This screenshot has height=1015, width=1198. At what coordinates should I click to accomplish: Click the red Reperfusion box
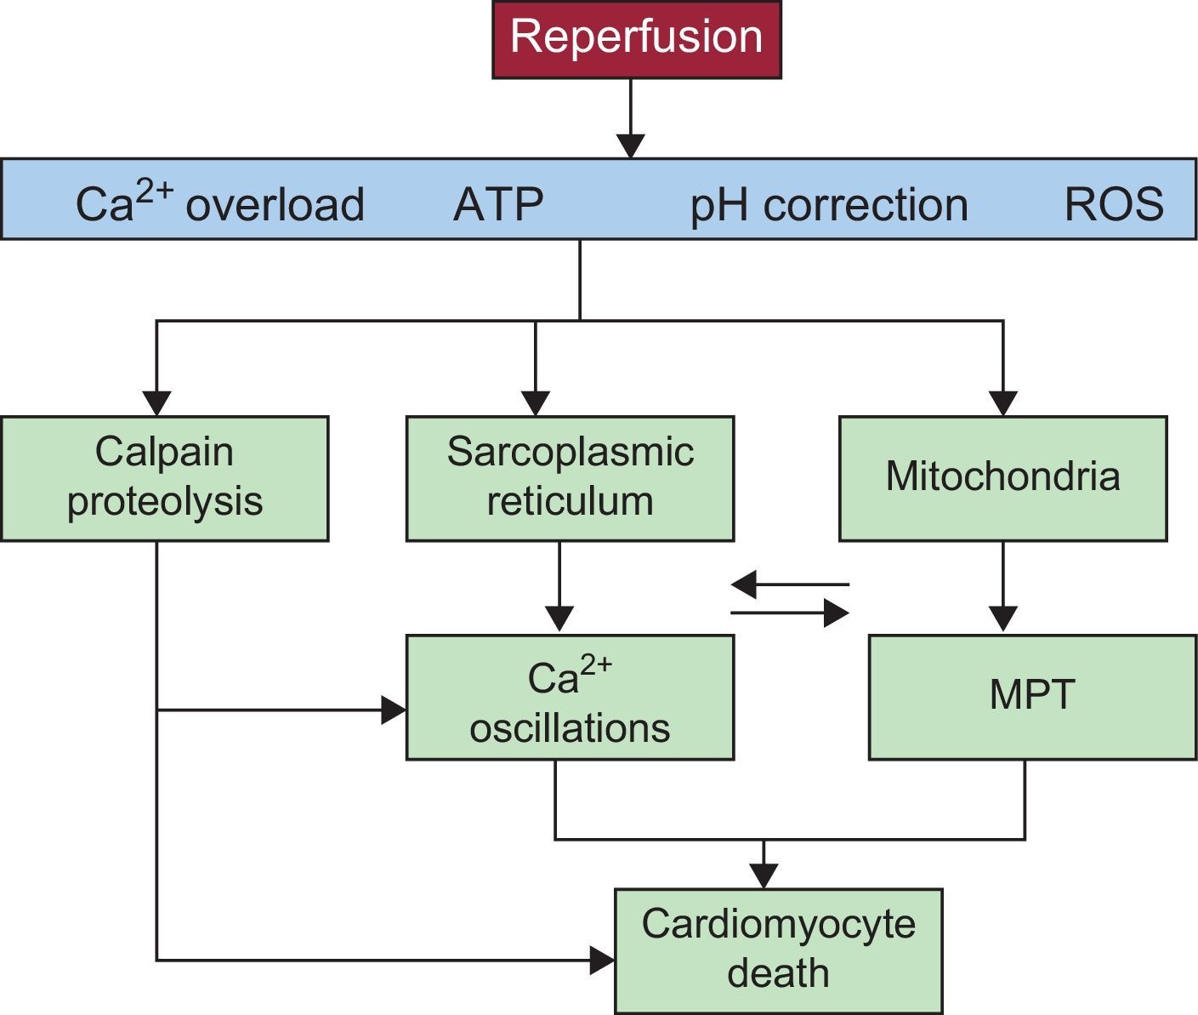636,39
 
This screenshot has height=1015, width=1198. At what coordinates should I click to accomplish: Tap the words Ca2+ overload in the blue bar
219,204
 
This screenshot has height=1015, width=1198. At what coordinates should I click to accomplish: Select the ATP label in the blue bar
498,204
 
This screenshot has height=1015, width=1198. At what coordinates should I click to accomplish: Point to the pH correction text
828,205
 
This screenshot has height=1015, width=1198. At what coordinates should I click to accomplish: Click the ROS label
1113,204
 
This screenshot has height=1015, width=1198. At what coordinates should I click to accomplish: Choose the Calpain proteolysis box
164,478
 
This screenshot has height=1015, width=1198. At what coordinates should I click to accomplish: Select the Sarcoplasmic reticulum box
570,478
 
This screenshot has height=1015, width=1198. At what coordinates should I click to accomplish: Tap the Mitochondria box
1002,478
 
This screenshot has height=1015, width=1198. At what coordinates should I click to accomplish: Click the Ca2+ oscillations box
570,698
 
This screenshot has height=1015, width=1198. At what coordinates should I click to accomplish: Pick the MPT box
1031,697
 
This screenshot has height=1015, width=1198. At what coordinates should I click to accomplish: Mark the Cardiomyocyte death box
778,950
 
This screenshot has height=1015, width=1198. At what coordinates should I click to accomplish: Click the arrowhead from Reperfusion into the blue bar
630,145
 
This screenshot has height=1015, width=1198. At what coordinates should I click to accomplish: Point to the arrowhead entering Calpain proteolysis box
157,403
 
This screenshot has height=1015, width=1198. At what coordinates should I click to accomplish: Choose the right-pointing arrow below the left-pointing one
792,613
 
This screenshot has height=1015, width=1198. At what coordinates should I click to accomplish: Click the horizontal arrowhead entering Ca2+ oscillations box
393,710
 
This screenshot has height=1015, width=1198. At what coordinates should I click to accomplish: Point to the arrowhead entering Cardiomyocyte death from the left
602,961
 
